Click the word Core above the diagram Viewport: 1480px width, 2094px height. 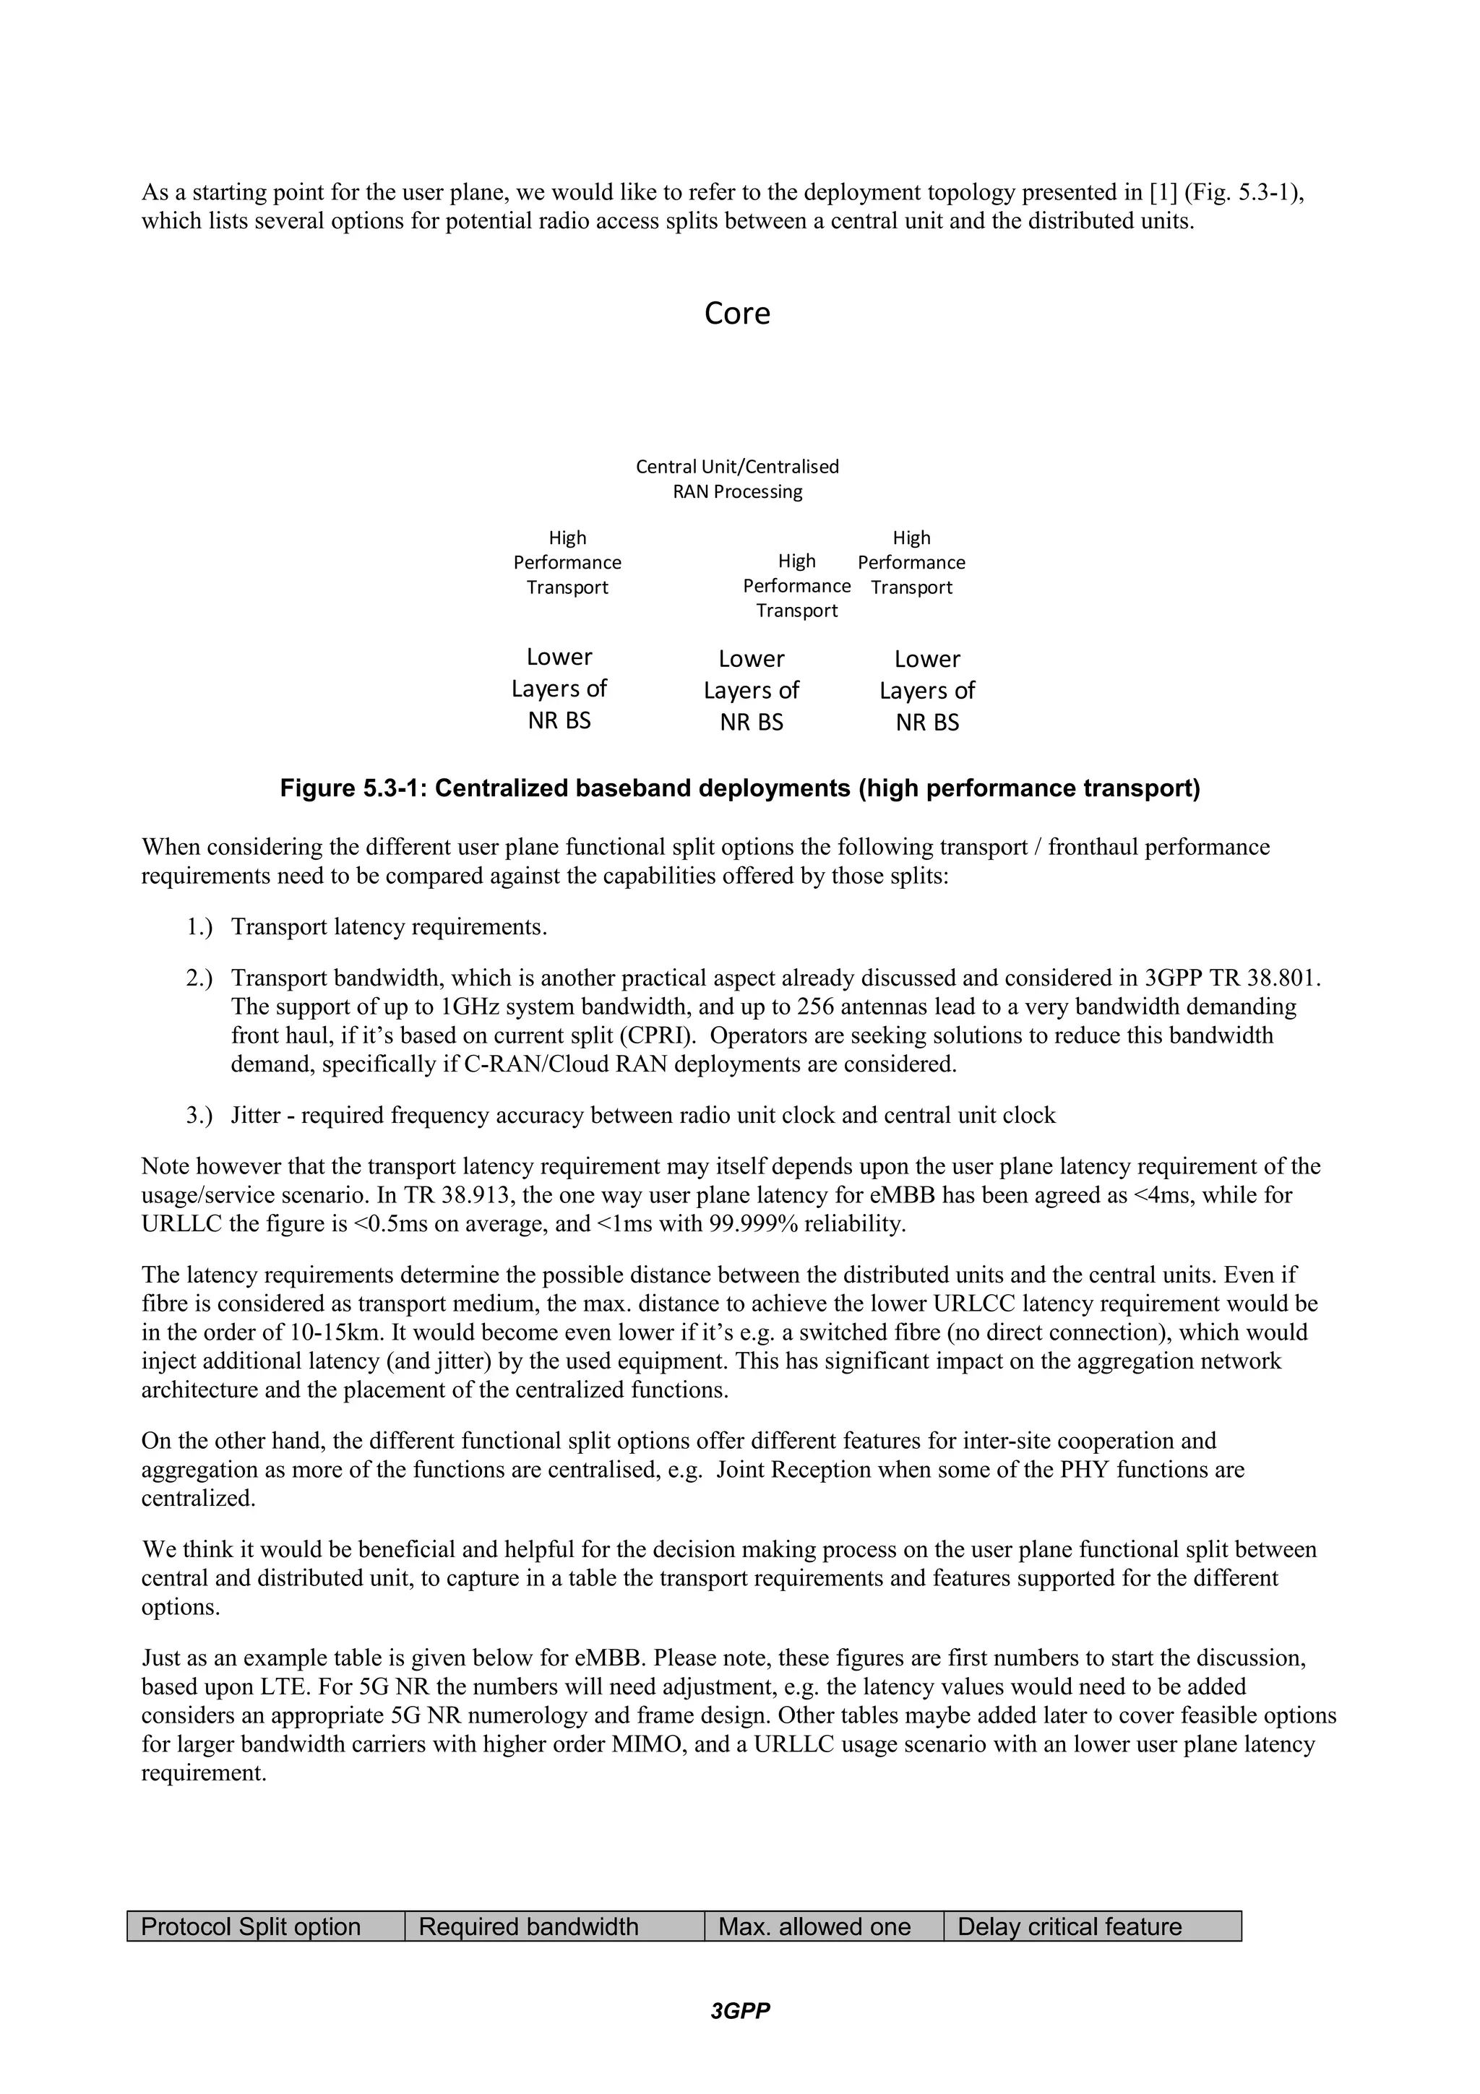click(737, 314)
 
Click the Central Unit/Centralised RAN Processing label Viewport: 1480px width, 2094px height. click(737, 479)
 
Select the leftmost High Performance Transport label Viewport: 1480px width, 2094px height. click(567, 563)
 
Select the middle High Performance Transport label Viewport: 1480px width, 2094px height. click(796, 585)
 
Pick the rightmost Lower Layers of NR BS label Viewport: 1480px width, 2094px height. click(926, 690)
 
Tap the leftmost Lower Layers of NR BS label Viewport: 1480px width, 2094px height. click(559, 689)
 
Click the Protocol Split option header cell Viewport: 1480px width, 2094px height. click(264, 1926)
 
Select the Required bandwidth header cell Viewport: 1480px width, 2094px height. click(554, 1926)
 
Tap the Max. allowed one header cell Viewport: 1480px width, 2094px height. click(822, 1926)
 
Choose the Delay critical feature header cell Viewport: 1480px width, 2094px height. click(1091, 1926)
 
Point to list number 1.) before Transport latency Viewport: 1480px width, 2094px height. click(199, 928)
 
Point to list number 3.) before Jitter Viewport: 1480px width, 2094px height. click(199, 1116)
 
